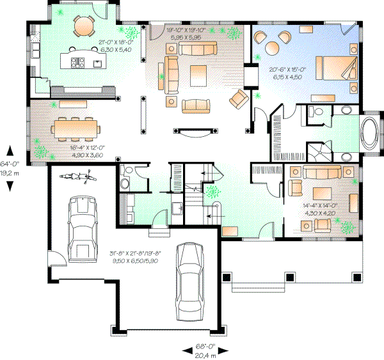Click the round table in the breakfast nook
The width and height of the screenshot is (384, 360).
83,26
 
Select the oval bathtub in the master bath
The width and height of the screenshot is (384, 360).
371,134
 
